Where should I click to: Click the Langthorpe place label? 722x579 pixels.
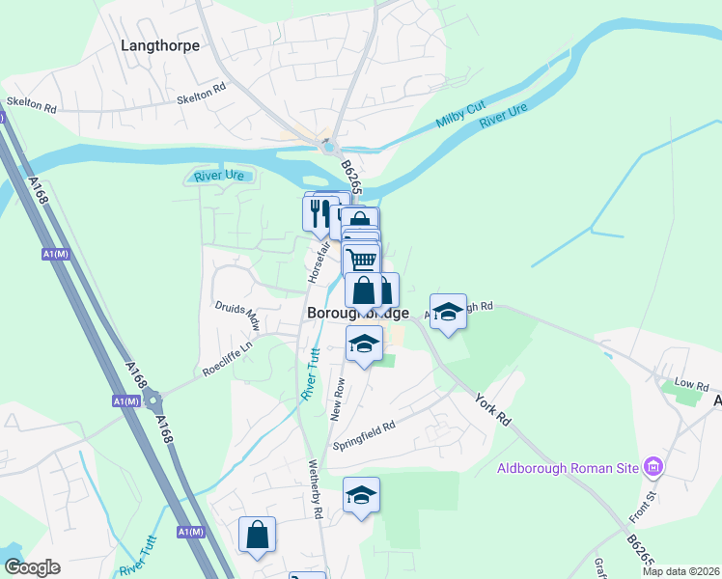[160, 44]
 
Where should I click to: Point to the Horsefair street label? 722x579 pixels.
[315, 262]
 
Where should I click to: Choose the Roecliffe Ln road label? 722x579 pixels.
[227, 357]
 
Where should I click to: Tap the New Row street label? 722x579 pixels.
[339, 397]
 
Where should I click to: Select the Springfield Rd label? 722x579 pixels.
[365, 435]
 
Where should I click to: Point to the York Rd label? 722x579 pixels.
[493, 410]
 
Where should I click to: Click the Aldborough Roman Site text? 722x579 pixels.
[568, 469]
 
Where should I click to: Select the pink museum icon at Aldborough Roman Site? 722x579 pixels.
[653, 468]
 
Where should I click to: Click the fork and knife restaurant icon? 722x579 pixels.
[319, 212]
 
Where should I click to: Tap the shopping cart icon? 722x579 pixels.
[362, 260]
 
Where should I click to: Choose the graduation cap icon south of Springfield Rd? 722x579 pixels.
[362, 495]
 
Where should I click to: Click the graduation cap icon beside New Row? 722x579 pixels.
[364, 344]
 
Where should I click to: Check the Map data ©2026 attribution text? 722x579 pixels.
[680, 571]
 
